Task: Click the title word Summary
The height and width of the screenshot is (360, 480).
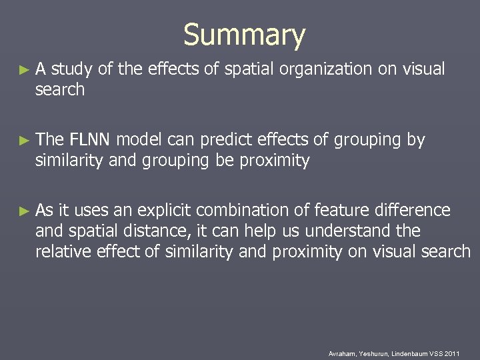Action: pos(244,35)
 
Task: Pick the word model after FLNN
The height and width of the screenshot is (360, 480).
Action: pos(141,140)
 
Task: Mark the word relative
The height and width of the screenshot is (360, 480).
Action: pos(62,251)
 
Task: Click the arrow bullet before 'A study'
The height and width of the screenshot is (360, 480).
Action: pos(25,69)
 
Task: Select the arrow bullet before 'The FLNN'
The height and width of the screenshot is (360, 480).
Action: pos(25,141)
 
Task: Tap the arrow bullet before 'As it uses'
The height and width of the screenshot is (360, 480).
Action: pos(25,211)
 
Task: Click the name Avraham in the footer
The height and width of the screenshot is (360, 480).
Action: pos(342,353)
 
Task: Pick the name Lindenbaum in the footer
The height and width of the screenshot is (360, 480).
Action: pos(411,353)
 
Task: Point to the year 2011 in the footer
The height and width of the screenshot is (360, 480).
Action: pos(453,353)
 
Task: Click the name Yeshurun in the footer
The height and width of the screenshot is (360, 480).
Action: pos(375,353)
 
